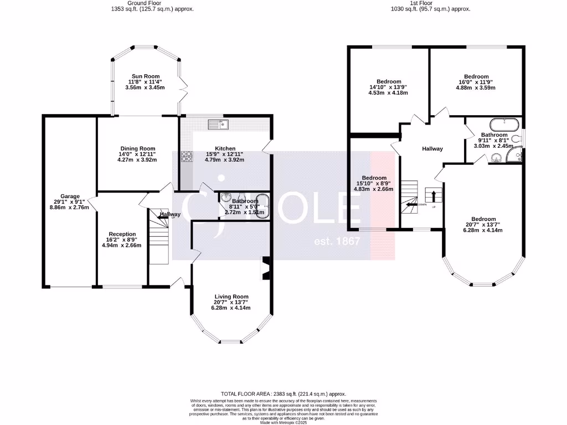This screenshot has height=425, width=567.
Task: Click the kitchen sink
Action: (x=219, y=124)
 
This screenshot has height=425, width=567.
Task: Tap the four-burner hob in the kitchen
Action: (x=185, y=157)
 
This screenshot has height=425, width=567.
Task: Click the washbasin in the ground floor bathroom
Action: (x=225, y=198)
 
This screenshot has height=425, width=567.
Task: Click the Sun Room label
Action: (x=146, y=76)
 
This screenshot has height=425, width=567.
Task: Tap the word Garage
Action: (x=71, y=196)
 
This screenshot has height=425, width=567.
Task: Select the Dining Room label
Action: (x=136, y=148)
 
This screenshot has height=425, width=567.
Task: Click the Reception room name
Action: (x=122, y=234)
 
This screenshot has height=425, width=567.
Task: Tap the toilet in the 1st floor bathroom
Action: (x=516, y=139)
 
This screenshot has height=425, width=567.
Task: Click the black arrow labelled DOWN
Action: (x=411, y=204)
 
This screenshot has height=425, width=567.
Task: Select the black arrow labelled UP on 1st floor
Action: (x=433, y=195)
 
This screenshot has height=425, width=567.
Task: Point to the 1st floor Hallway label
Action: (x=432, y=149)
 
